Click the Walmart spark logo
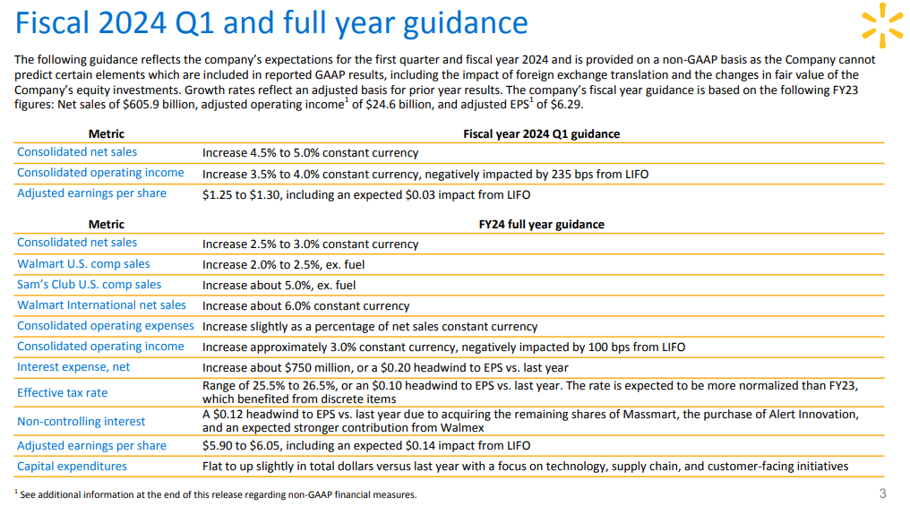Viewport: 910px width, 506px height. (x=882, y=25)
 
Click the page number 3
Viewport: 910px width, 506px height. (x=883, y=493)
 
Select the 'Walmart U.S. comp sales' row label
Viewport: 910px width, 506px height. (x=83, y=264)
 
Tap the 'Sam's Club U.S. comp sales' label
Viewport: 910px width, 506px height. (x=89, y=284)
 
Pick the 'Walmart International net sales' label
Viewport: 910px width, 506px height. (x=101, y=305)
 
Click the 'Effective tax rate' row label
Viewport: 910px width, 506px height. (x=62, y=393)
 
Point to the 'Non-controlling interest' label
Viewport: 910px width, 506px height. (x=82, y=421)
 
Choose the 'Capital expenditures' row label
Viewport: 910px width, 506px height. (x=72, y=466)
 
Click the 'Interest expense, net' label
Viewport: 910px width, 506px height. (x=73, y=366)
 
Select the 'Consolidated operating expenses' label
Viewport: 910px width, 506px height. (x=105, y=325)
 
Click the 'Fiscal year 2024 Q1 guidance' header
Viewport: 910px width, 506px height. (x=542, y=134)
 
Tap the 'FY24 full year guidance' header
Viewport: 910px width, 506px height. (x=542, y=225)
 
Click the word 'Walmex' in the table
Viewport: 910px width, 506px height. (x=464, y=428)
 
